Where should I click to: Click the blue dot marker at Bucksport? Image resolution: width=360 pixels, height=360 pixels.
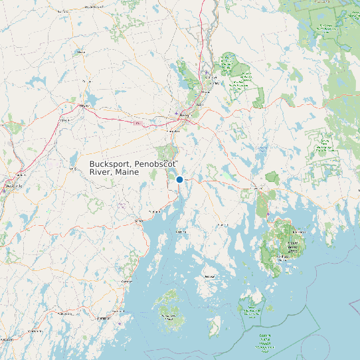click(x=179, y=179)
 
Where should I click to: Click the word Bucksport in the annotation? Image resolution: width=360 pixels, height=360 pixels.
click(x=111, y=163)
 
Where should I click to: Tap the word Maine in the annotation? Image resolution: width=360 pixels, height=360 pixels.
click(x=126, y=172)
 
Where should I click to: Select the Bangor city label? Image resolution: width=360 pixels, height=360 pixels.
click(x=185, y=115)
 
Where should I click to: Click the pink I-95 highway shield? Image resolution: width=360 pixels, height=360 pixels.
click(x=137, y=123)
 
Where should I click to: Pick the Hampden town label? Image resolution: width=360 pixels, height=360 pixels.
click(x=173, y=132)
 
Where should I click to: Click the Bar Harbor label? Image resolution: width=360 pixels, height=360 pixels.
click(x=300, y=232)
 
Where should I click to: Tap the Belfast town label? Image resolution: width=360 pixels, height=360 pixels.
click(x=138, y=221)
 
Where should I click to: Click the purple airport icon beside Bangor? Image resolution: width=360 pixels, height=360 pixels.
click(x=176, y=113)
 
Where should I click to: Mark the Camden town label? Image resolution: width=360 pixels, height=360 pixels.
click(x=126, y=282)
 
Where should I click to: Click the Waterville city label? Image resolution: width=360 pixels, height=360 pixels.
click(x=12, y=187)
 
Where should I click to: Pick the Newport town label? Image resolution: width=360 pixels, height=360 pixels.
click(x=84, y=106)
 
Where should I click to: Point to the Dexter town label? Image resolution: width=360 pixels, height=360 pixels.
click(x=86, y=81)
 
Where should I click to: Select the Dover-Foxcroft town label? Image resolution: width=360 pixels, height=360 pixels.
click(x=93, y=7)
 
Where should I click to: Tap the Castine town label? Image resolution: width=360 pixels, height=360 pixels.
click(x=181, y=232)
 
